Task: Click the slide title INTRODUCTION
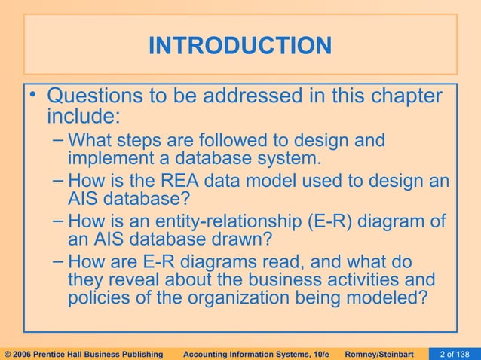tap(240, 46)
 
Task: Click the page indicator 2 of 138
tap(459, 352)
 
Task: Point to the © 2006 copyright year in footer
tap(21, 352)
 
